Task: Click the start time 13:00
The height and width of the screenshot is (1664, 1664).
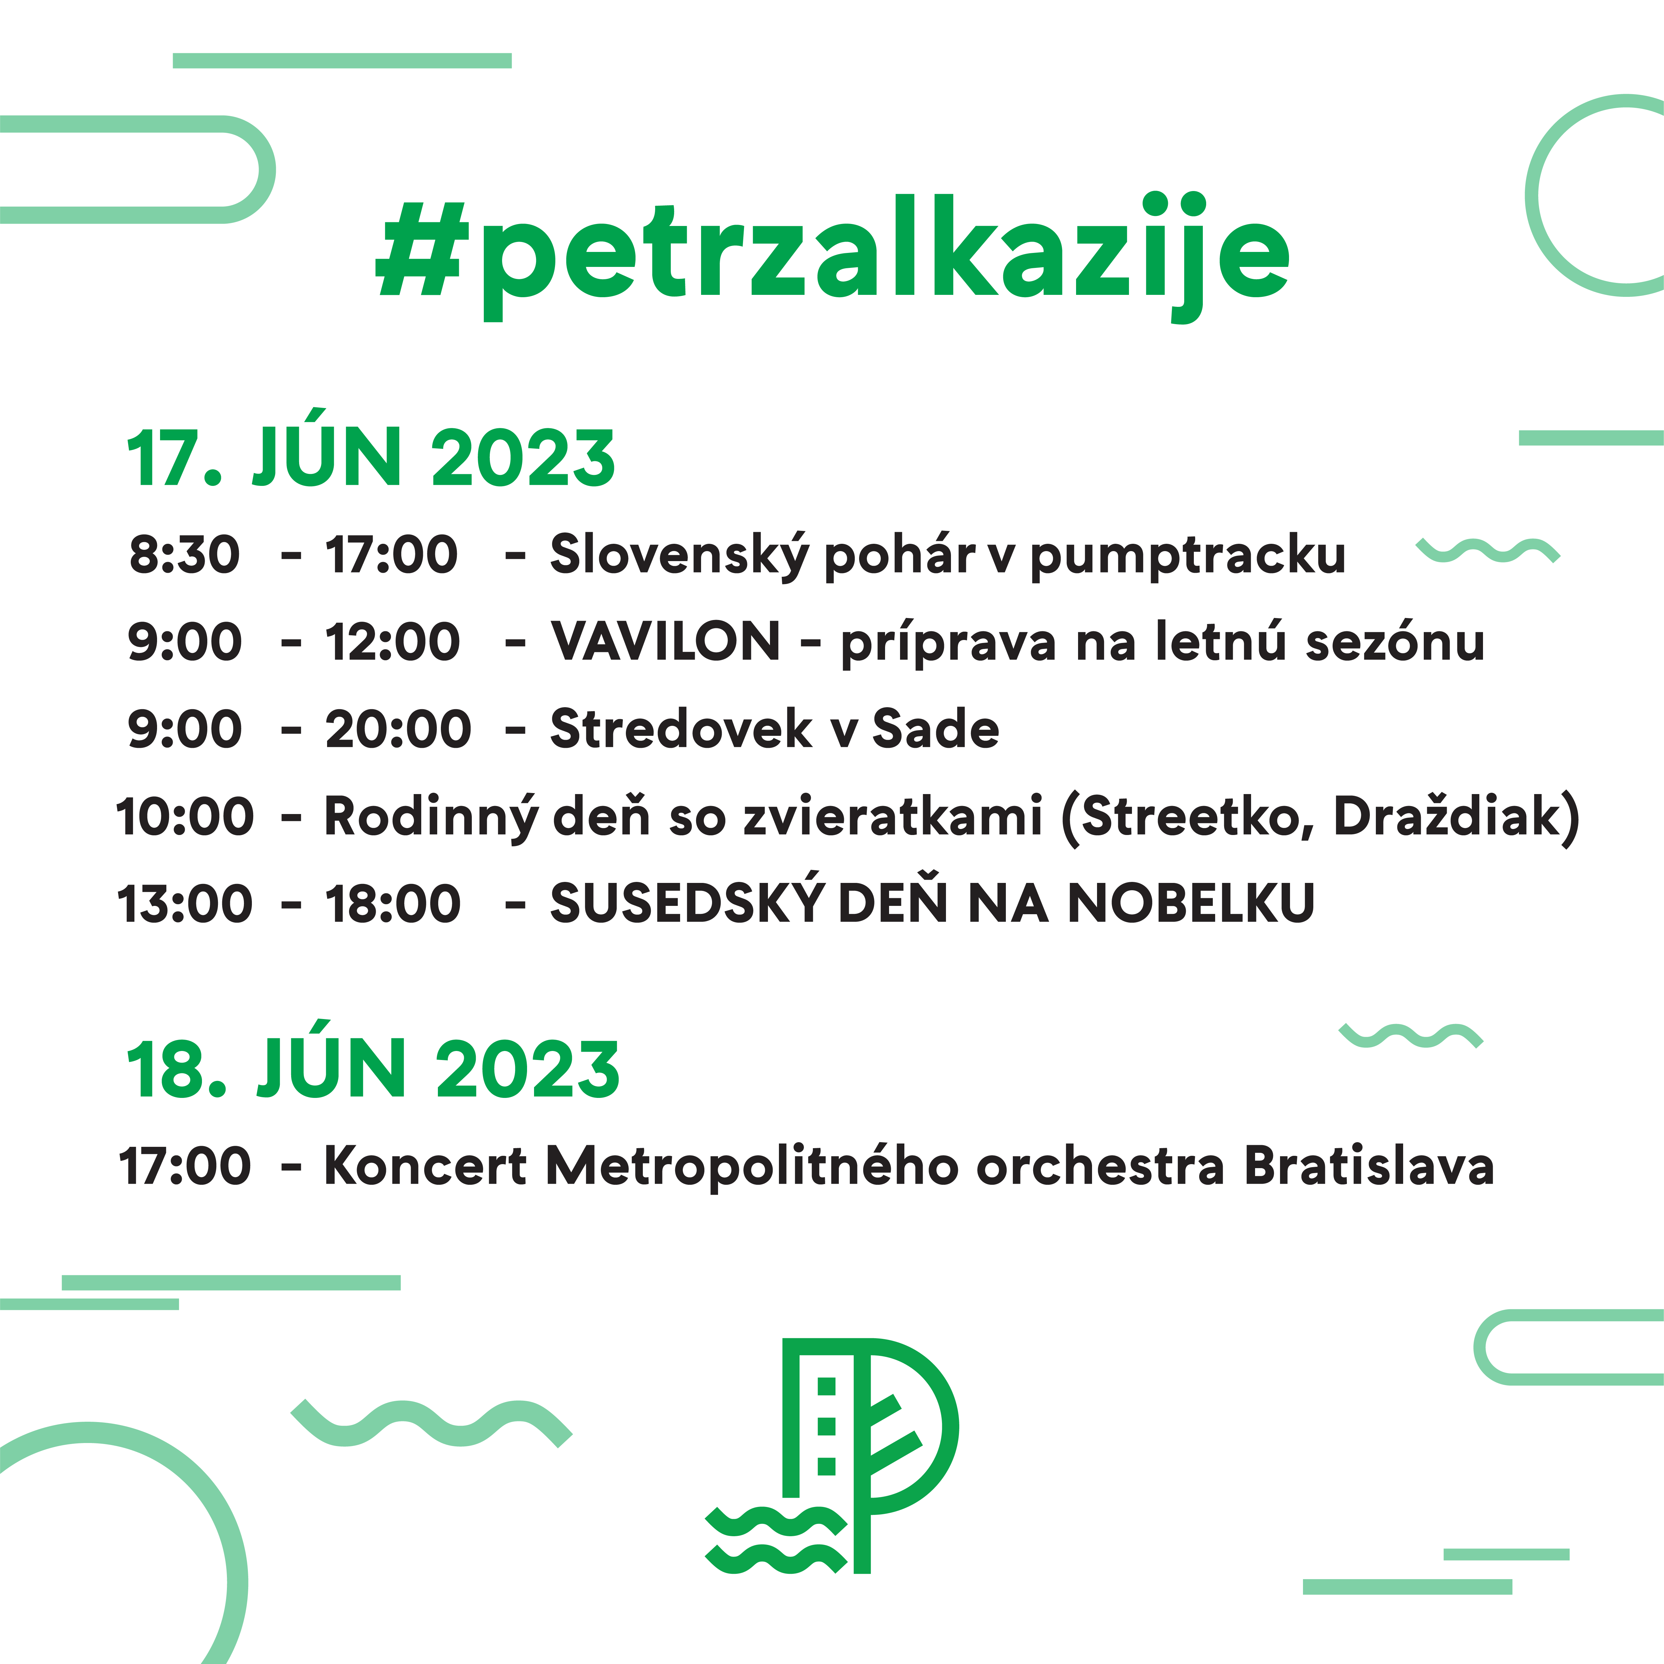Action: [184, 904]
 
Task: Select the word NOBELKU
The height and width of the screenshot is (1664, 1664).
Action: [1191, 904]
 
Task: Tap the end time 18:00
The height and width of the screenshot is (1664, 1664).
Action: [393, 904]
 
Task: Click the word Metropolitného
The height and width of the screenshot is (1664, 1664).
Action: [752, 1166]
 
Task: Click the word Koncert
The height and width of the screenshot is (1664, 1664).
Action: [425, 1166]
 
